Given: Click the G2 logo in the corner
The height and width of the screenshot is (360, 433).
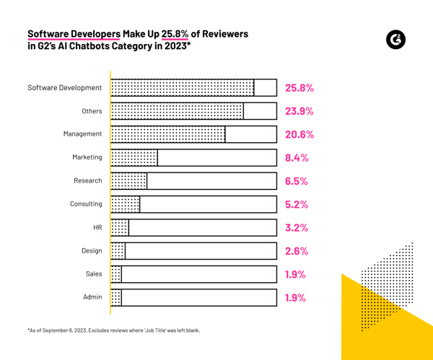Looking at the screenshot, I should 395,40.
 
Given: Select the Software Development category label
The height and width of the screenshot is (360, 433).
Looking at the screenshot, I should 65,88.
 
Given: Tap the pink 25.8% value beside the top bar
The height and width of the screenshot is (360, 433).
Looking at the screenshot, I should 299,88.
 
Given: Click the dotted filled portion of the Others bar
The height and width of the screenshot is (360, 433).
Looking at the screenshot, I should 178,111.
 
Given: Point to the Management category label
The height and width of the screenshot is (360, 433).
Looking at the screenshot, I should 82,134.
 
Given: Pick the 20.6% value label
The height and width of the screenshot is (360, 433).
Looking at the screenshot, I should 299,135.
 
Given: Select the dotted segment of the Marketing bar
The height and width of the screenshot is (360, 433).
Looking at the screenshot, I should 135,157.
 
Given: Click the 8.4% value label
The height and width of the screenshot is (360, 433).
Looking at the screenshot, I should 297,158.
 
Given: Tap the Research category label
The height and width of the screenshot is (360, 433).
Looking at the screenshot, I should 88,181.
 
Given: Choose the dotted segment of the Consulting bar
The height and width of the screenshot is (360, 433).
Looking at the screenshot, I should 126,204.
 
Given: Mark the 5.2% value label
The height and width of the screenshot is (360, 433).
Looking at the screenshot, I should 297,205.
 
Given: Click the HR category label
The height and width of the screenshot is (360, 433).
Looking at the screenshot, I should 97,227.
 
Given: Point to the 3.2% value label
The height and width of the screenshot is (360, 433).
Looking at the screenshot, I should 297,228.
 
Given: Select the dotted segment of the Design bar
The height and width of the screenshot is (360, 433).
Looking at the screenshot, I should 118,251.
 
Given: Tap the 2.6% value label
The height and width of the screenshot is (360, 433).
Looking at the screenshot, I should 297,252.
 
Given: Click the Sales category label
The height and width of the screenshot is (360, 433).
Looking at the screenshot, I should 94,274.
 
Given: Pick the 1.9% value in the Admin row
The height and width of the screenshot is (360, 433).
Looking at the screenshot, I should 296,298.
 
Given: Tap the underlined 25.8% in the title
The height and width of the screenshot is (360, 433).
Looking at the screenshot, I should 175,34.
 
